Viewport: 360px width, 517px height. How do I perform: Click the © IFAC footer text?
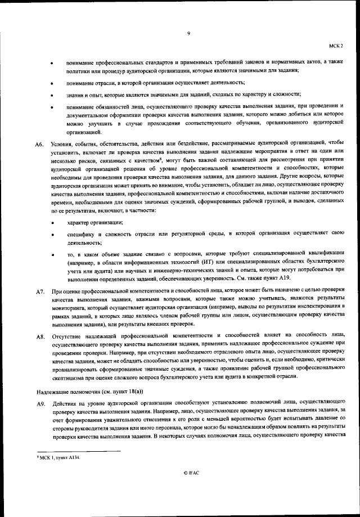click(188, 473)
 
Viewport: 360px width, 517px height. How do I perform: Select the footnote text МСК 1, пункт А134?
click(58, 458)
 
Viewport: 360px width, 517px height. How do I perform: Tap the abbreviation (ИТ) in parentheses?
click(218, 263)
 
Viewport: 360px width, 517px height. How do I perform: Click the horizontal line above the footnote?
click(78, 451)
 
